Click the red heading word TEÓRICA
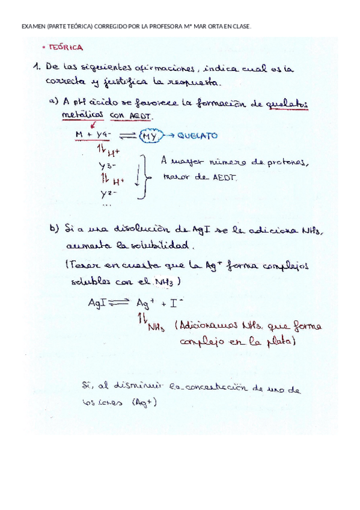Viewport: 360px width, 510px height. [67, 47]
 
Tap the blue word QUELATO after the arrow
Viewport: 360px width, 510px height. [198, 136]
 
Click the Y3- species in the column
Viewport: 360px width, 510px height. [108, 165]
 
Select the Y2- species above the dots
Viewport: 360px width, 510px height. [108, 193]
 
